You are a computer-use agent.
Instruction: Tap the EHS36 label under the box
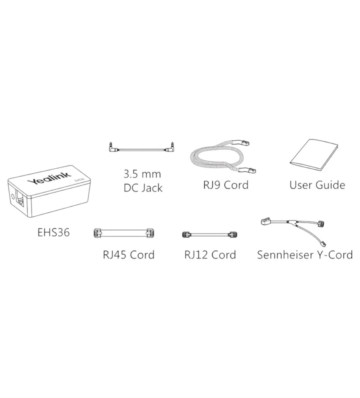(53, 232)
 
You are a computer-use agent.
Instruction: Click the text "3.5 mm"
(142, 174)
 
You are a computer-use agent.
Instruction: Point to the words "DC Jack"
(143, 188)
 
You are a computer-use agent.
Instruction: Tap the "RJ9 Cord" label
(225, 185)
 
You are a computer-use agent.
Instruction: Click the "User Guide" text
(317, 185)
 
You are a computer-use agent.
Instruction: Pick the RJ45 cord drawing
(124, 233)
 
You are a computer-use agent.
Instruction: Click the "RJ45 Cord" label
(128, 254)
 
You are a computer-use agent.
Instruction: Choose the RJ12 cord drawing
(210, 235)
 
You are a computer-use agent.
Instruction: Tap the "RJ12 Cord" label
(210, 254)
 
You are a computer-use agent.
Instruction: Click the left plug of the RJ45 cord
(98, 233)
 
